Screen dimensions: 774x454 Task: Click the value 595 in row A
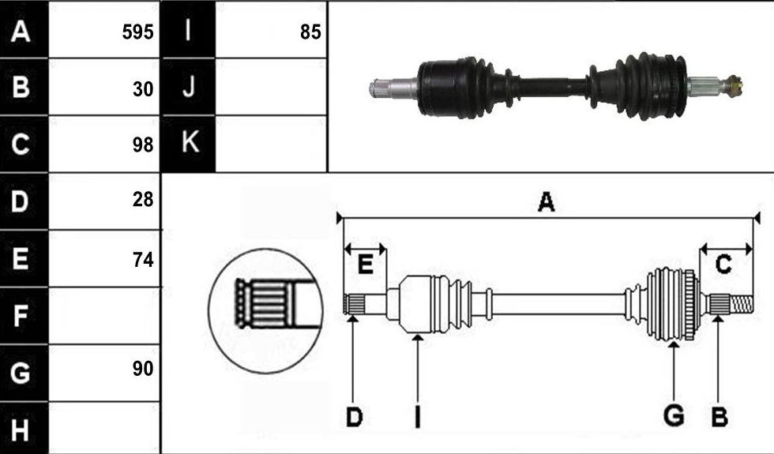137,32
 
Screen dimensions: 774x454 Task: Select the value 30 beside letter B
143,89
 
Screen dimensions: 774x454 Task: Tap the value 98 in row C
143,144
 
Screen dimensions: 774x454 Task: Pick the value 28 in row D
143,199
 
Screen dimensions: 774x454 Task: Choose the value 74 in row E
143,259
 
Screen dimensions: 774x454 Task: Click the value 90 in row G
143,369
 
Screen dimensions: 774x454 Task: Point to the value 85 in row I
310,32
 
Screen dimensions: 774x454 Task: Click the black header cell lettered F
24,316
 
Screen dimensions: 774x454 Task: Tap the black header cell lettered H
24,428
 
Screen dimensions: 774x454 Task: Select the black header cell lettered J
189,87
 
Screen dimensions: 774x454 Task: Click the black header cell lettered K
189,144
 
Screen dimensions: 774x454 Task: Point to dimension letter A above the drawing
546,202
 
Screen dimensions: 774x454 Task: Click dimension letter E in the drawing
365,265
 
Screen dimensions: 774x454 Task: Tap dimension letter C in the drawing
723,265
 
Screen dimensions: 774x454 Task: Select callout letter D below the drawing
355,418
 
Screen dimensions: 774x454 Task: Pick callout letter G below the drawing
674,415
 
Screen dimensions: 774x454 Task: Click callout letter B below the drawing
720,418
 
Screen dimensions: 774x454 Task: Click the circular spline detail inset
265,311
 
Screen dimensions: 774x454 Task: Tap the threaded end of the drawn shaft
742,304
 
